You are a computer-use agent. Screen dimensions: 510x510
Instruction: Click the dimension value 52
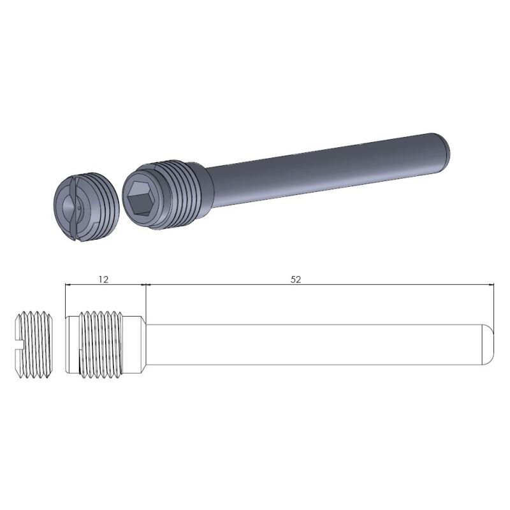[x=295, y=279]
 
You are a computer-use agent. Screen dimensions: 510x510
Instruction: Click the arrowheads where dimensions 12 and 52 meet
[x=146, y=286]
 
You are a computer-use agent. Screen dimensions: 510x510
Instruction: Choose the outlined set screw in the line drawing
[x=32, y=345]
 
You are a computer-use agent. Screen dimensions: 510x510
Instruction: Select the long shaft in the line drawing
[x=319, y=345]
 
